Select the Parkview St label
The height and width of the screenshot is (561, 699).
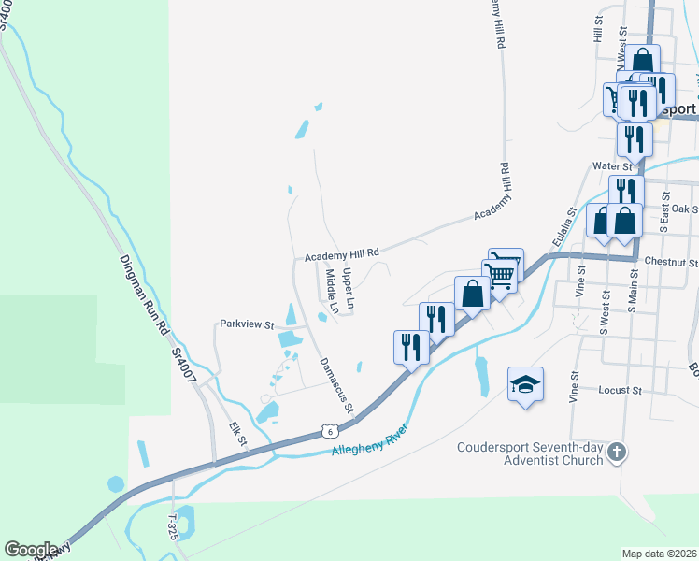click(x=247, y=324)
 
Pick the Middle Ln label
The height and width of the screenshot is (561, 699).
click(x=332, y=292)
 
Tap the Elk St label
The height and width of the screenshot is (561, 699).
click(x=237, y=437)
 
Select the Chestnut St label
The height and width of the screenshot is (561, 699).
click(x=672, y=263)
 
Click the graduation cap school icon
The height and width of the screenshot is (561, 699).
click(x=526, y=384)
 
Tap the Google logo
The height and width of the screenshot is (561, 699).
click(x=30, y=550)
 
